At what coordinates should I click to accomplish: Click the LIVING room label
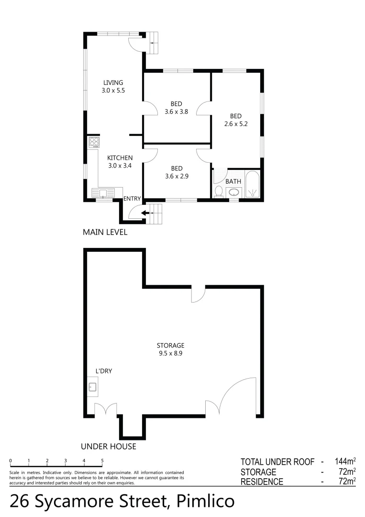pos(113,82)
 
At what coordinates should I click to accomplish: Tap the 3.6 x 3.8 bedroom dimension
pos(177,112)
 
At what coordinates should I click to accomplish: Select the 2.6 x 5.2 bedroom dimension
pos(236,124)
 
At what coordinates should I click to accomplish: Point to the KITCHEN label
pos(120,157)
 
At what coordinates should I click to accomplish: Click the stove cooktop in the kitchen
pos(94,143)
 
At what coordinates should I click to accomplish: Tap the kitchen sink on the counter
pos(103,193)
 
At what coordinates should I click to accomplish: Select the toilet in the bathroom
pos(219,191)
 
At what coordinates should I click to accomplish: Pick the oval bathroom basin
pos(233,192)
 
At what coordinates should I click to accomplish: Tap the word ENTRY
pos(132,199)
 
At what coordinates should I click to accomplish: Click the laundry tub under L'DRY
pos(93,387)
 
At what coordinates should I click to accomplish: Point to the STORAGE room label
pos(170,346)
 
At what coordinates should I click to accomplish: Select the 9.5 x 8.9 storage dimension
pos(170,354)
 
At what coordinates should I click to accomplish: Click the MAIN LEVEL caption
pos(105,233)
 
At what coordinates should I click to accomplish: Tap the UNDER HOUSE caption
pos(109,447)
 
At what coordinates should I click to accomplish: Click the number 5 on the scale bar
pos(102,461)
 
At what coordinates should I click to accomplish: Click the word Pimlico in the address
pos(206,501)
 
